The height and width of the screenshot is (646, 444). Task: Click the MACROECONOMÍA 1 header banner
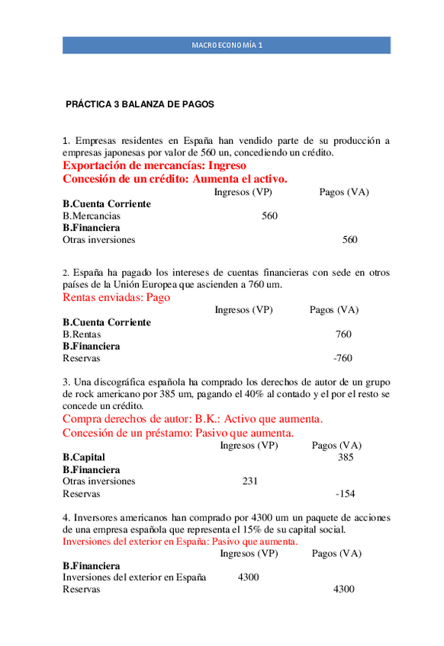tap(227, 45)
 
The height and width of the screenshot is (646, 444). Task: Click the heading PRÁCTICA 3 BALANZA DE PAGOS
tap(140, 104)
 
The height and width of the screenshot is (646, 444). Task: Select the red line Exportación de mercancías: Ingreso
tap(154, 165)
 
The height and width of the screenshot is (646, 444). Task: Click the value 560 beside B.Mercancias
tap(269, 216)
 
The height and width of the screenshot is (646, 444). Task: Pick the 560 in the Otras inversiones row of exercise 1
tap(349, 239)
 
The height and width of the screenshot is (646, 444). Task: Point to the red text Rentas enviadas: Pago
tap(116, 298)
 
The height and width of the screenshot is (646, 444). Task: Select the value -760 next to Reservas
tap(343, 358)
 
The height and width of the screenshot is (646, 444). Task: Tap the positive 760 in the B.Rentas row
tap(343, 334)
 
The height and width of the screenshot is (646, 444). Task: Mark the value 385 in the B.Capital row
tap(346, 457)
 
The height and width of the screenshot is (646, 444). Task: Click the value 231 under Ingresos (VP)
tap(249, 481)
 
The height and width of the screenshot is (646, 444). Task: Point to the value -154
tap(346, 493)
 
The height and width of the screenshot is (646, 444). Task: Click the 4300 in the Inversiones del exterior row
tap(248, 577)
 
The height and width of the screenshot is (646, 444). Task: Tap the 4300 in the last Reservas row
tap(343, 589)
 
